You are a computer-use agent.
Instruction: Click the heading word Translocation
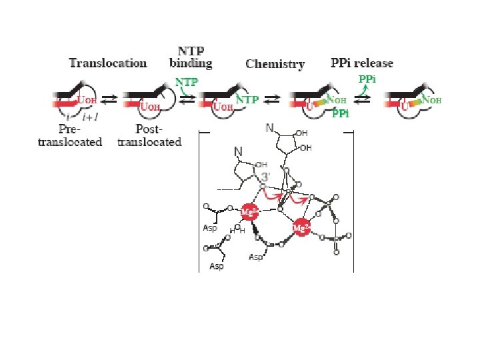click(108, 63)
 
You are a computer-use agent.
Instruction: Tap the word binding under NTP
click(194, 64)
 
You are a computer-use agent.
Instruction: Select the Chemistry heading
click(275, 65)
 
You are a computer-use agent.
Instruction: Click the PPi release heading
click(362, 63)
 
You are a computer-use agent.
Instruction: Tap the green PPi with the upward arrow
click(367, 79)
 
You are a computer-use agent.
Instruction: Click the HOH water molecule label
click(237, 230)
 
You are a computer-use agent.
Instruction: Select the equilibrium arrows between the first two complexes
click(109, 98)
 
